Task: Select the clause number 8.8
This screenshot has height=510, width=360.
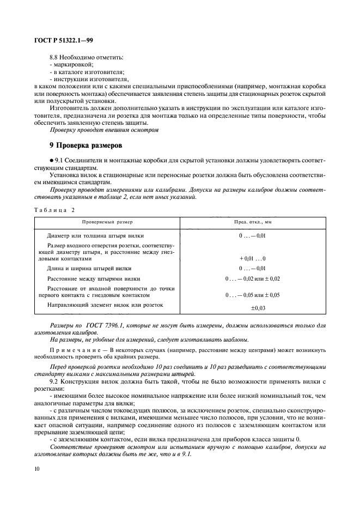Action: [x=54, y=57]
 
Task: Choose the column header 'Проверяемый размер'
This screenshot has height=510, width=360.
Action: [x=107, y=222]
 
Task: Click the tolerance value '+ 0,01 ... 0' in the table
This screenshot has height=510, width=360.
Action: [x=253, y=258]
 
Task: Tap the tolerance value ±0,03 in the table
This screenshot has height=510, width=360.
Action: [x=253, y=308]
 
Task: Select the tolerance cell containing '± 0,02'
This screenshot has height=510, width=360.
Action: [x=253, y=278]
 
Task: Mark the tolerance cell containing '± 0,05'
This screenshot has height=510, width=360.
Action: [x=253, y=295]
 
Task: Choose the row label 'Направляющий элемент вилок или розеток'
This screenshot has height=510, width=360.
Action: [x=105, y=305]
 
